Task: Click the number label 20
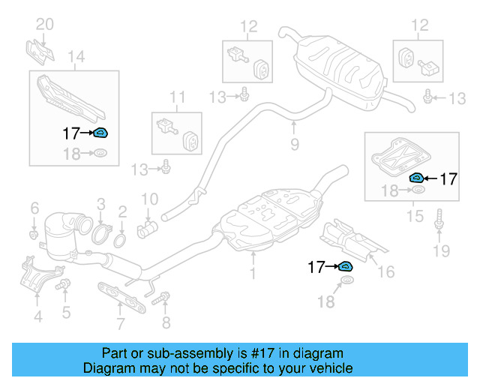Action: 45,24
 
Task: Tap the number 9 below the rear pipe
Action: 294,143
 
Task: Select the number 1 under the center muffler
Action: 253,274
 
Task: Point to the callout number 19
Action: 442,250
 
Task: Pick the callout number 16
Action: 385,271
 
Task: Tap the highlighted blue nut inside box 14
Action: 100,134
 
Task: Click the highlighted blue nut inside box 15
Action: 415,178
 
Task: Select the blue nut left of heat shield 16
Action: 345,266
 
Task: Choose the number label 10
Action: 150,199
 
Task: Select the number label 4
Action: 37,317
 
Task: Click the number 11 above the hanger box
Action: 177,97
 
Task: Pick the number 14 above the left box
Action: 76,55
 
